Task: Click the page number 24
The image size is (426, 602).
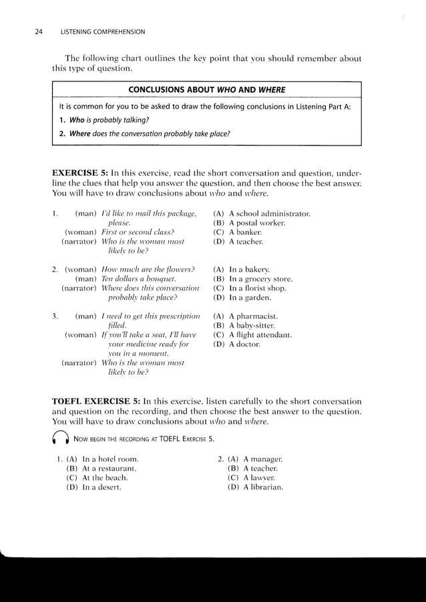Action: tap(39, 31)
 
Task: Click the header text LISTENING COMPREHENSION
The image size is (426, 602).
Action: tap(103, 31)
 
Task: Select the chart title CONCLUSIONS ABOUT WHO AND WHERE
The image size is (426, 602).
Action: tap(206, 90)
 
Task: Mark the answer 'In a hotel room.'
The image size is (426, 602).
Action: tap(99, 459)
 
